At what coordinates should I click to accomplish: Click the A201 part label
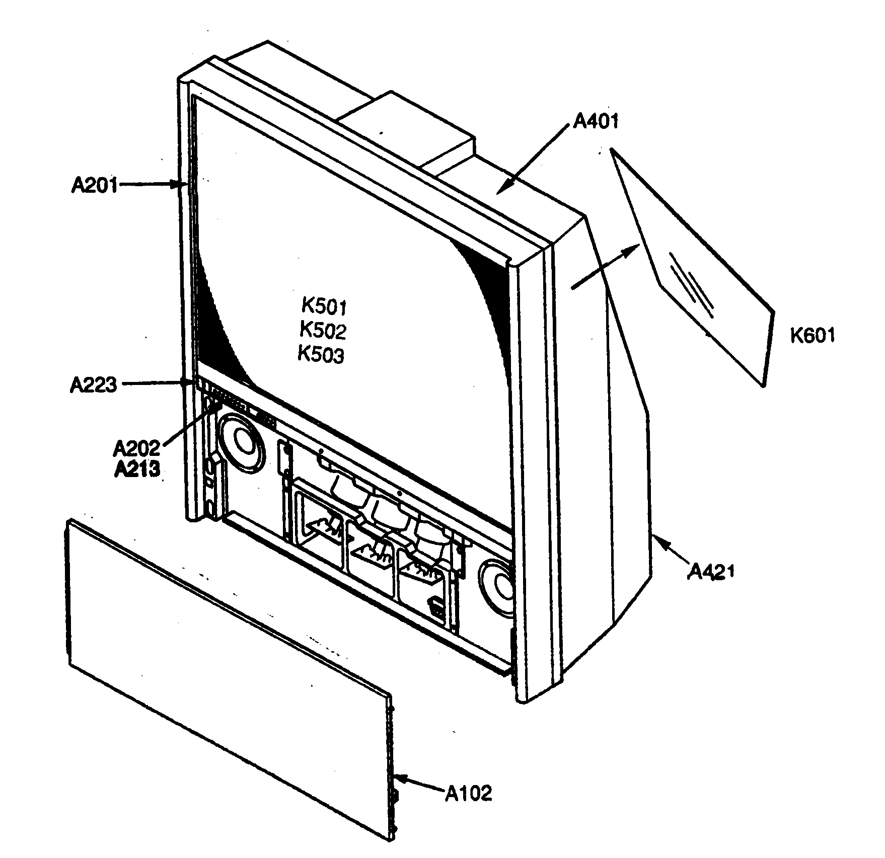coord(94,185)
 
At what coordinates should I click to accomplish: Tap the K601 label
coord(812,335)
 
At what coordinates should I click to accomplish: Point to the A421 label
coord(711,571)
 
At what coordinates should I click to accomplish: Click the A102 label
coord(469,793)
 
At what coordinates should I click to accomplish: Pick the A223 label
coord(93,385)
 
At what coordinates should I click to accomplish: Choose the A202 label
coord(136,447)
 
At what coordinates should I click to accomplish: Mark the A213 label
coord(137,469)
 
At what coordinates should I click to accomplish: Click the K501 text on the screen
coord(324,306)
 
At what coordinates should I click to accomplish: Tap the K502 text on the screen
coord(323,331)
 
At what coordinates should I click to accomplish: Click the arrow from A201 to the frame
coord(151,185)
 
